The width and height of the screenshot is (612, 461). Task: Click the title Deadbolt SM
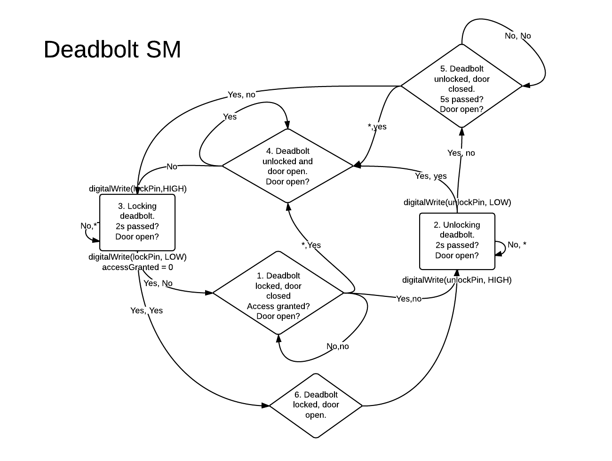point(112,49)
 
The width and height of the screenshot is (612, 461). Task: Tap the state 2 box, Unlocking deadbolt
point(457,241)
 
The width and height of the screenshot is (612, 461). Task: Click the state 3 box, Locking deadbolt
point(137,222)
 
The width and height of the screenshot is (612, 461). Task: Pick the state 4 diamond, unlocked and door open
point(287,166)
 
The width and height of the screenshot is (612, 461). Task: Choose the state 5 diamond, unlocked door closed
point(461,86)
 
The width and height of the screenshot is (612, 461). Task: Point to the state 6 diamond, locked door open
point(316,405)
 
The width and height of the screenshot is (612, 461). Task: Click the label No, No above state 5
point(517,36)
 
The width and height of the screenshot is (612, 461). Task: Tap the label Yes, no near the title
point(241,95)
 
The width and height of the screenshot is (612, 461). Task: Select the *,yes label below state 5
point(377,127)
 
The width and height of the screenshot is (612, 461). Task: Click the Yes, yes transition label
point(431,176)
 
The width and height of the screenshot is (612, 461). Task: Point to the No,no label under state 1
point(338,347)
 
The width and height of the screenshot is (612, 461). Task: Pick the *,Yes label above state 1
point(311,245)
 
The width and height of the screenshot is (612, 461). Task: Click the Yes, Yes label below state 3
point(146,310)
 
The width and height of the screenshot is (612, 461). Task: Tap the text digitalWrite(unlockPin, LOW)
point(457,202)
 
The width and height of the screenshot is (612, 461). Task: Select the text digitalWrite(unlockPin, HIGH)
point(457,280)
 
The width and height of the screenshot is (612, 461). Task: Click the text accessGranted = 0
point(137,267)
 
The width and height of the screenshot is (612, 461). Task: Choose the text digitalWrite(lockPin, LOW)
point(137,257)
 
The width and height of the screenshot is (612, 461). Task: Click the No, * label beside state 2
point(517,245)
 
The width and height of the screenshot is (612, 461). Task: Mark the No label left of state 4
point(172,167)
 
